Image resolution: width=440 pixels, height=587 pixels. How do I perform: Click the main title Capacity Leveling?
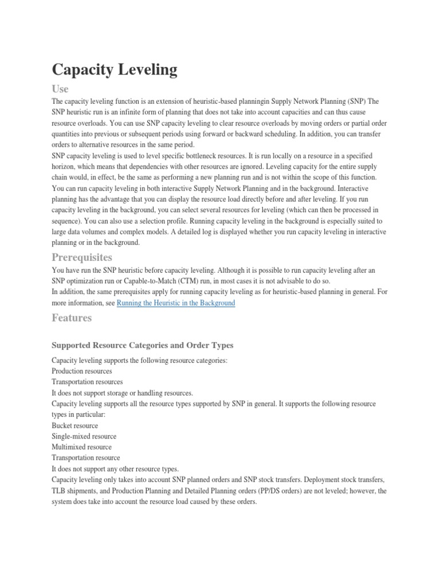click(115, 70)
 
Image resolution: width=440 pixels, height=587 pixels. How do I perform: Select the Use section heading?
click(60, 89)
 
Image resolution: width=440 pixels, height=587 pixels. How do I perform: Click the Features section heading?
click(72, 317)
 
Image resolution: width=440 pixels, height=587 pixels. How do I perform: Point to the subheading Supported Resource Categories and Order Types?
click(143, 345)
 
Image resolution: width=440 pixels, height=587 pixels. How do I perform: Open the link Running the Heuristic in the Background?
click(176, 303)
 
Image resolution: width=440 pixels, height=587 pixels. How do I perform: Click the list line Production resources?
click(82, 371)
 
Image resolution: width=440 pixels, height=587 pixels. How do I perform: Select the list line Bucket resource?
click(75, 425)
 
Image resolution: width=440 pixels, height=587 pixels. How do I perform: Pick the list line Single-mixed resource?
click(84, 436)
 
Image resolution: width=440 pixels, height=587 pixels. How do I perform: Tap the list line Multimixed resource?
click(82, 447)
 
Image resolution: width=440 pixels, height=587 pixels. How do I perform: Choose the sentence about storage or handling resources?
click(122, 393)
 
